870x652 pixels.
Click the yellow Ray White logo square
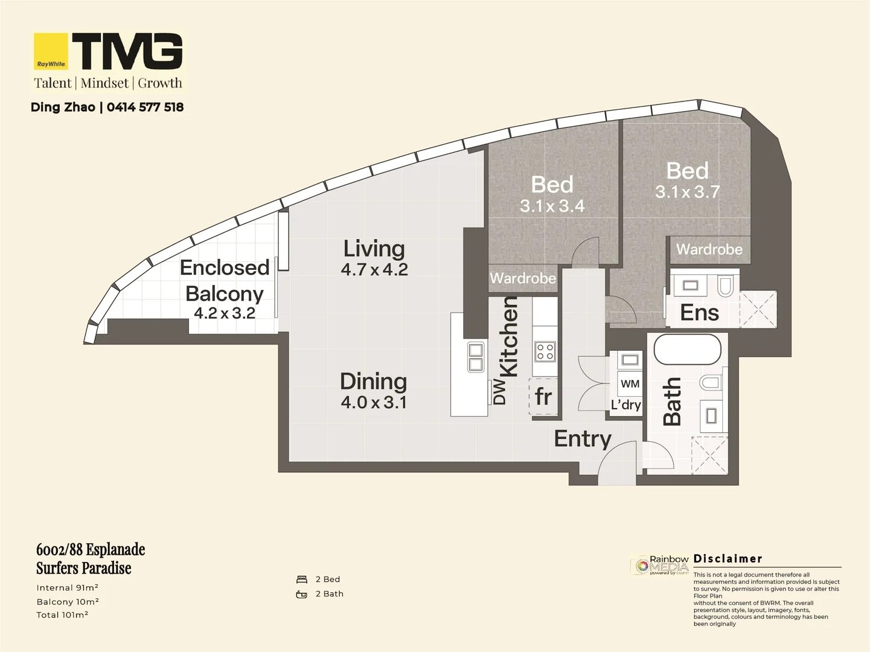click(51, 52)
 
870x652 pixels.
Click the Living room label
click(374, 248)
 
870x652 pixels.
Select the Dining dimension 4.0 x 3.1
click(374, 402)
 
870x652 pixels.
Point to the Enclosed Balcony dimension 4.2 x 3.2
click(224, 313)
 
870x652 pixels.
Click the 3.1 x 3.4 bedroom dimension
click(552, 206)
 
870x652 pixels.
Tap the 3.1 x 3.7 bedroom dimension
click(687, 192)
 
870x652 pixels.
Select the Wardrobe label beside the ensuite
click(709, 249)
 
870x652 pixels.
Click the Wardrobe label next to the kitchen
click(522, 278)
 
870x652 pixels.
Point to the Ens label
click(699, 313)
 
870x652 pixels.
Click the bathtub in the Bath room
click(687, 350)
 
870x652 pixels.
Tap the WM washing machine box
click(630, 384)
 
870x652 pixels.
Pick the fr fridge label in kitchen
click(543, 397)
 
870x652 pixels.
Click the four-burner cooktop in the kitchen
click(545, 351)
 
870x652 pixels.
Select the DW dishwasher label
click(499, 391)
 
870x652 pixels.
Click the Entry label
click(583, 439)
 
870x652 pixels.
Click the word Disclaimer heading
click(728, 559)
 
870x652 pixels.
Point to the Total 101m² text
click(62, 615)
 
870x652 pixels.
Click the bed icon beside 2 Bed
click(302, 580)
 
